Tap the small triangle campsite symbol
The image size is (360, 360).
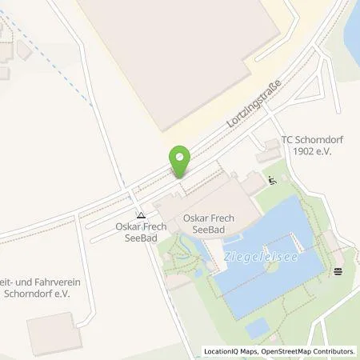(x=141, y=214)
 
